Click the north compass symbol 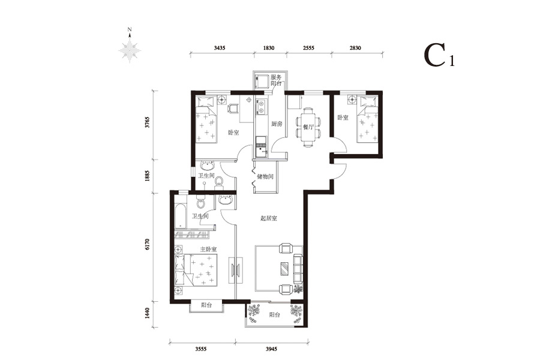point(130,47)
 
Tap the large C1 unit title point(439,55)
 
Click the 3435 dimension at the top point(220,48)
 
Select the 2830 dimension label point(355,48)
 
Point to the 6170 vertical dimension point(148,244)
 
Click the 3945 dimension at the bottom point(271,349)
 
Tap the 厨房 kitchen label point(277,124)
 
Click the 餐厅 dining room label point(308,127)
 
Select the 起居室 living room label point(269,218)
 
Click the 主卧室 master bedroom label point(208,249)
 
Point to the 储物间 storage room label point(265,177)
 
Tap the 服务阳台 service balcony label point(276,80)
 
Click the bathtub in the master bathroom point(181,215)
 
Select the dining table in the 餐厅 point(308,127)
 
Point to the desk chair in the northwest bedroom point(233,109)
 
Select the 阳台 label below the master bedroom point(206,305)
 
